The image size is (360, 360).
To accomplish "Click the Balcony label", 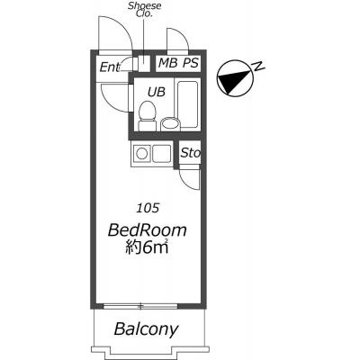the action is tap(146, 329).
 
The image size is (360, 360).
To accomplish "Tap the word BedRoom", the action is tap(147, 230).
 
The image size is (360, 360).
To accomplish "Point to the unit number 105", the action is tap(148, 208).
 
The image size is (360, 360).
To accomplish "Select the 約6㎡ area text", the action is tap(146, 248).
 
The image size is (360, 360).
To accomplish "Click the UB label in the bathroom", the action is tap(157, 92).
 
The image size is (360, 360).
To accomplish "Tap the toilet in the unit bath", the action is tap(147, 116).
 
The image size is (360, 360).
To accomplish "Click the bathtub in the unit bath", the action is tap(187, 104).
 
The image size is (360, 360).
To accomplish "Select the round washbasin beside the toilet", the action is tap(170, 124).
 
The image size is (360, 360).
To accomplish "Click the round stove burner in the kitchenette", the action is tap(141, 154).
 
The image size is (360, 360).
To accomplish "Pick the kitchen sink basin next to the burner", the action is tap(162, 154).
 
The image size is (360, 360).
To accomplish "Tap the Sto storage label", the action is tap(190, 153).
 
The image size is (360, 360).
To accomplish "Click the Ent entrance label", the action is tap(110, 67).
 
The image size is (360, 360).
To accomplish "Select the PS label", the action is tap(191, 63).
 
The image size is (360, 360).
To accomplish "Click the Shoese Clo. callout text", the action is tap(145, 9).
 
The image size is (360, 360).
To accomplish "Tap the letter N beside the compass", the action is tap(259, 67).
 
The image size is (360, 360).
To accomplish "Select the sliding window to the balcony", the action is tap(140, 306).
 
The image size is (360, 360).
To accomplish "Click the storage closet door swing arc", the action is tap(187, 181).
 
